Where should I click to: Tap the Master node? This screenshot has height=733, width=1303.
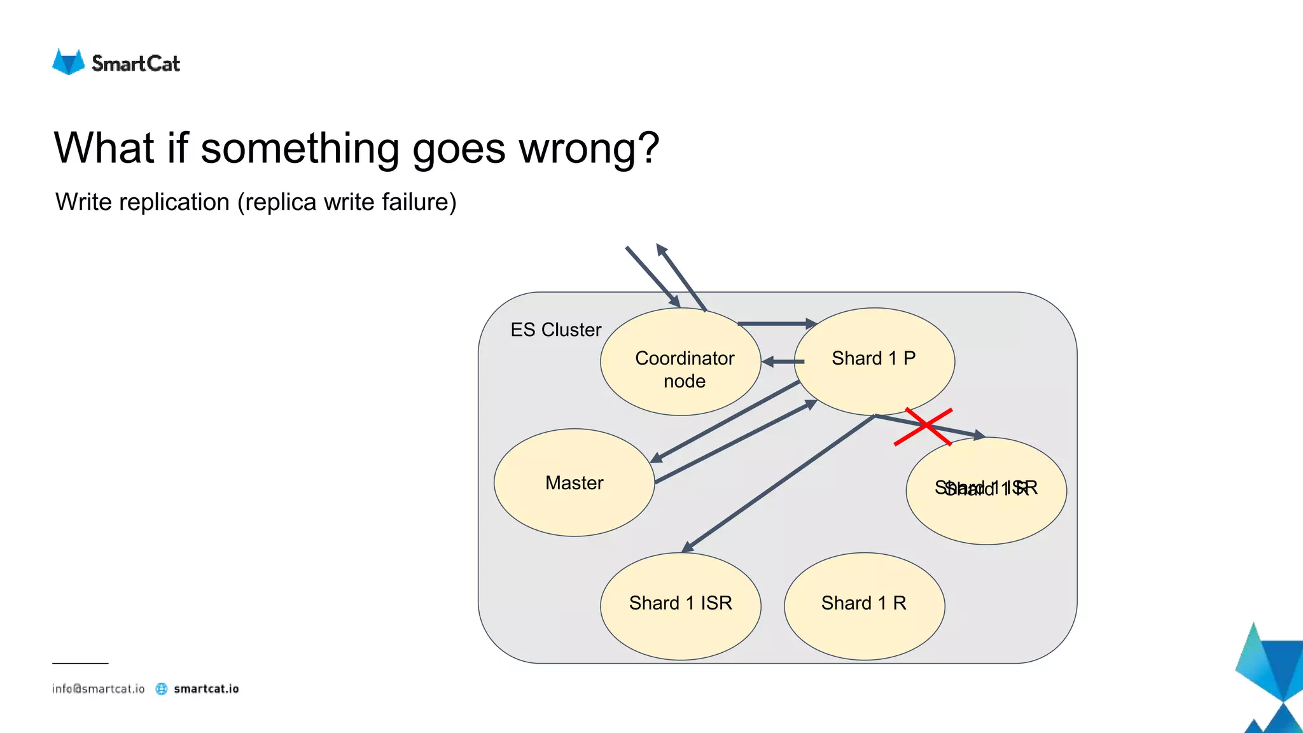coord(574,482)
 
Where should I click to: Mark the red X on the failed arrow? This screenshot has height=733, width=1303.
coord(923,427)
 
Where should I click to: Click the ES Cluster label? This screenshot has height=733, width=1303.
coord(555,330)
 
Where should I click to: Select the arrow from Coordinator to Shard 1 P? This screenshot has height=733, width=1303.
coord(776,324)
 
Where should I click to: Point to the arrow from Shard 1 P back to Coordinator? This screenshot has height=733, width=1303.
coord(784,361)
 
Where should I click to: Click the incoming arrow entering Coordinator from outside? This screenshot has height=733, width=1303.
coord(652,276)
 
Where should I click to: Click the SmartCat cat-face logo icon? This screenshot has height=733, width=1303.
coord(68,62)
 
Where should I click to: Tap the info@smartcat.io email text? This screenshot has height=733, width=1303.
coord(98,688)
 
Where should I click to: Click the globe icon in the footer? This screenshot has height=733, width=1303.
coord(162,688)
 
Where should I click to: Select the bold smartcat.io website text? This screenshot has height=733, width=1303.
coord(206,688)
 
